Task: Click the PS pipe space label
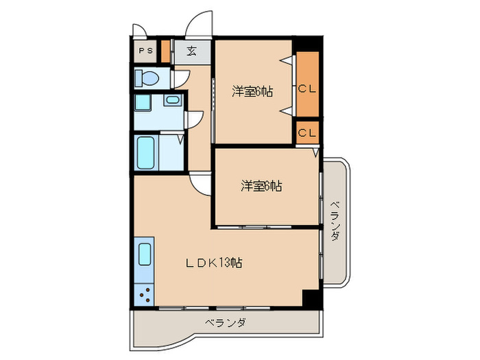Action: tap(145, 51)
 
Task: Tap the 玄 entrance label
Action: tap(191, 51)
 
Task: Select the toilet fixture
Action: tap(147, 77)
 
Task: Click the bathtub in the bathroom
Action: tap(145, 152)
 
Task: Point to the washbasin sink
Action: tap(173, 100)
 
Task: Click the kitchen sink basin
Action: tap(145, 254)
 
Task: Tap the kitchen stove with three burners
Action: tap(144, 294)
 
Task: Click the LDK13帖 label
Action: tap(214, 263)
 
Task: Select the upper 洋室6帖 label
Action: tap(252, 91)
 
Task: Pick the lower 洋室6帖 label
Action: tap(261, 186)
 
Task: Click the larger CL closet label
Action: tap(307, 88)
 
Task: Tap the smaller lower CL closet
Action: tap(308, 132)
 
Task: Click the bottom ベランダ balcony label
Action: tap(226, 323)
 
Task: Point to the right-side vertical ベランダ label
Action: tap(335, 220)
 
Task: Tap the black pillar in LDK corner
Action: tap(312, 299)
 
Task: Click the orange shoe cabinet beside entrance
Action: tap(166, 51)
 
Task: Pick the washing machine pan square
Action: tap(143, 103)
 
